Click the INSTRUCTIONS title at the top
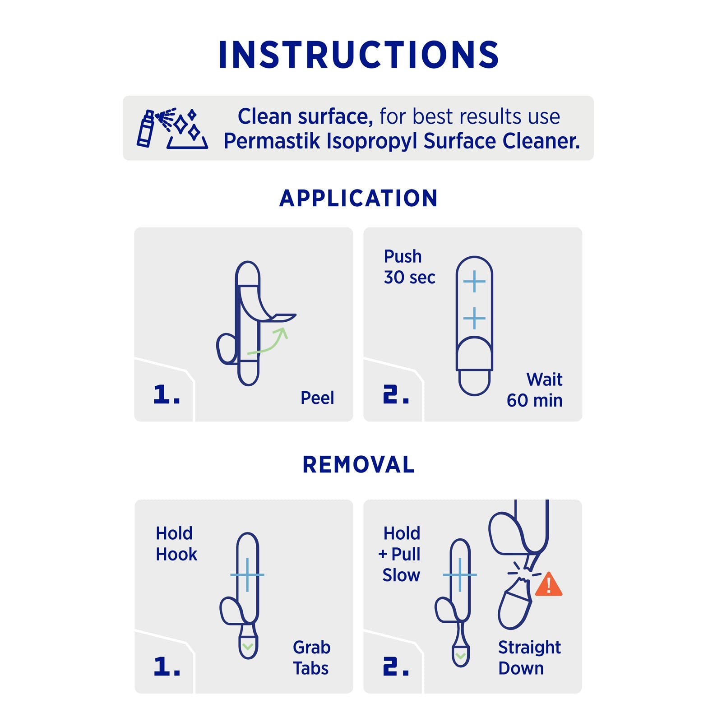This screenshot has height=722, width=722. coord(359,55)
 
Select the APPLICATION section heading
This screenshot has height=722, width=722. coord(359,198)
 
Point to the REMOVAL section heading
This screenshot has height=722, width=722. coord(359,465)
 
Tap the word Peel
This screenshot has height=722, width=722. coord(317,398)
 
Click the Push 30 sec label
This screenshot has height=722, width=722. coord(409,267)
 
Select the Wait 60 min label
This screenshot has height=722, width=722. coord(535,390)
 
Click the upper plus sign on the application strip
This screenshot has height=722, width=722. coord(474,282)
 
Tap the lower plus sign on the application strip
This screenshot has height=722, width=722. coord(474,319)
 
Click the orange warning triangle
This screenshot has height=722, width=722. coord(549,585)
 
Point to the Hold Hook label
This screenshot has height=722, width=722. coord(176,544)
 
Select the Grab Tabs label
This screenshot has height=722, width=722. coord(311,658)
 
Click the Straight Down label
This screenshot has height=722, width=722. coord(530,658)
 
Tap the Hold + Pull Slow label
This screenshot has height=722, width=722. coord(400,554)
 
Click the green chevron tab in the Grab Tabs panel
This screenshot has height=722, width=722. coord(247,647)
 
